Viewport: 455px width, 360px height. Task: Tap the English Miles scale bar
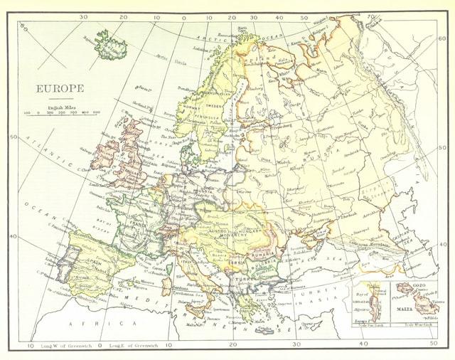pos(62,112)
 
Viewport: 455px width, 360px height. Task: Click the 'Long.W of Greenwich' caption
pos(65,345)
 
